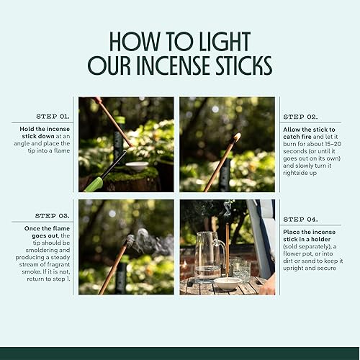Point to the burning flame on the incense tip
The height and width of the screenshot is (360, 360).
237,136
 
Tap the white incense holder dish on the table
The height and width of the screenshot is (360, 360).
228,282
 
